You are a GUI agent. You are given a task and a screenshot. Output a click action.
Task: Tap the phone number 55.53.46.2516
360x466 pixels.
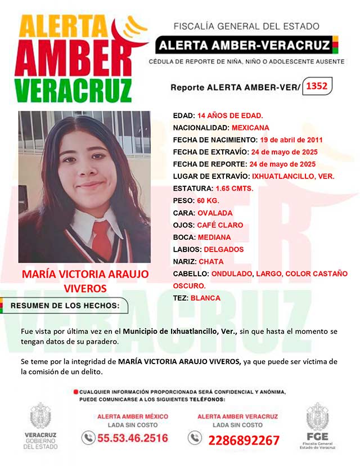click(133, 438)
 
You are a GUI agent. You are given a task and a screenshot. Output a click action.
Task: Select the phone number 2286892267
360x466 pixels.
click(244, 440)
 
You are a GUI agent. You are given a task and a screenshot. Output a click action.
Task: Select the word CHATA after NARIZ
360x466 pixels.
click(211, 262)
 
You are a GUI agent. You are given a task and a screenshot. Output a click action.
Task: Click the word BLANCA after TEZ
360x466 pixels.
click(205, 298)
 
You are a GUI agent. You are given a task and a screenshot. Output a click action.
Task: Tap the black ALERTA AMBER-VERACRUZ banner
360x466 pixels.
click(244, 44)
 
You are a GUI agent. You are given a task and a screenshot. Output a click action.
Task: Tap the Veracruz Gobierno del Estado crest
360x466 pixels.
click(40, 418)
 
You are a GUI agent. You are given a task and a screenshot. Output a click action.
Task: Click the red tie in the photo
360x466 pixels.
click(102, 239)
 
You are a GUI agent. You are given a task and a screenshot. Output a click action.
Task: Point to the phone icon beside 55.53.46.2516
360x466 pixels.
click(88, 437)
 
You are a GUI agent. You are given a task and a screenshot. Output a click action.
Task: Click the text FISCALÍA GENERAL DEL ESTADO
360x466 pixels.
click(246, 26)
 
